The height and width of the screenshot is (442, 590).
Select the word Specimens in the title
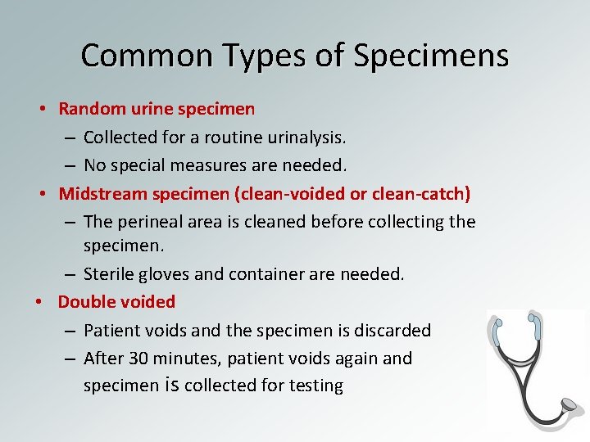click(432, 56)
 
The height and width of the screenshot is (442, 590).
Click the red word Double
click(84, 302)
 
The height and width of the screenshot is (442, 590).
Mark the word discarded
click(392, 331)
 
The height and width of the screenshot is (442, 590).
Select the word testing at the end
click(315, 386)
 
